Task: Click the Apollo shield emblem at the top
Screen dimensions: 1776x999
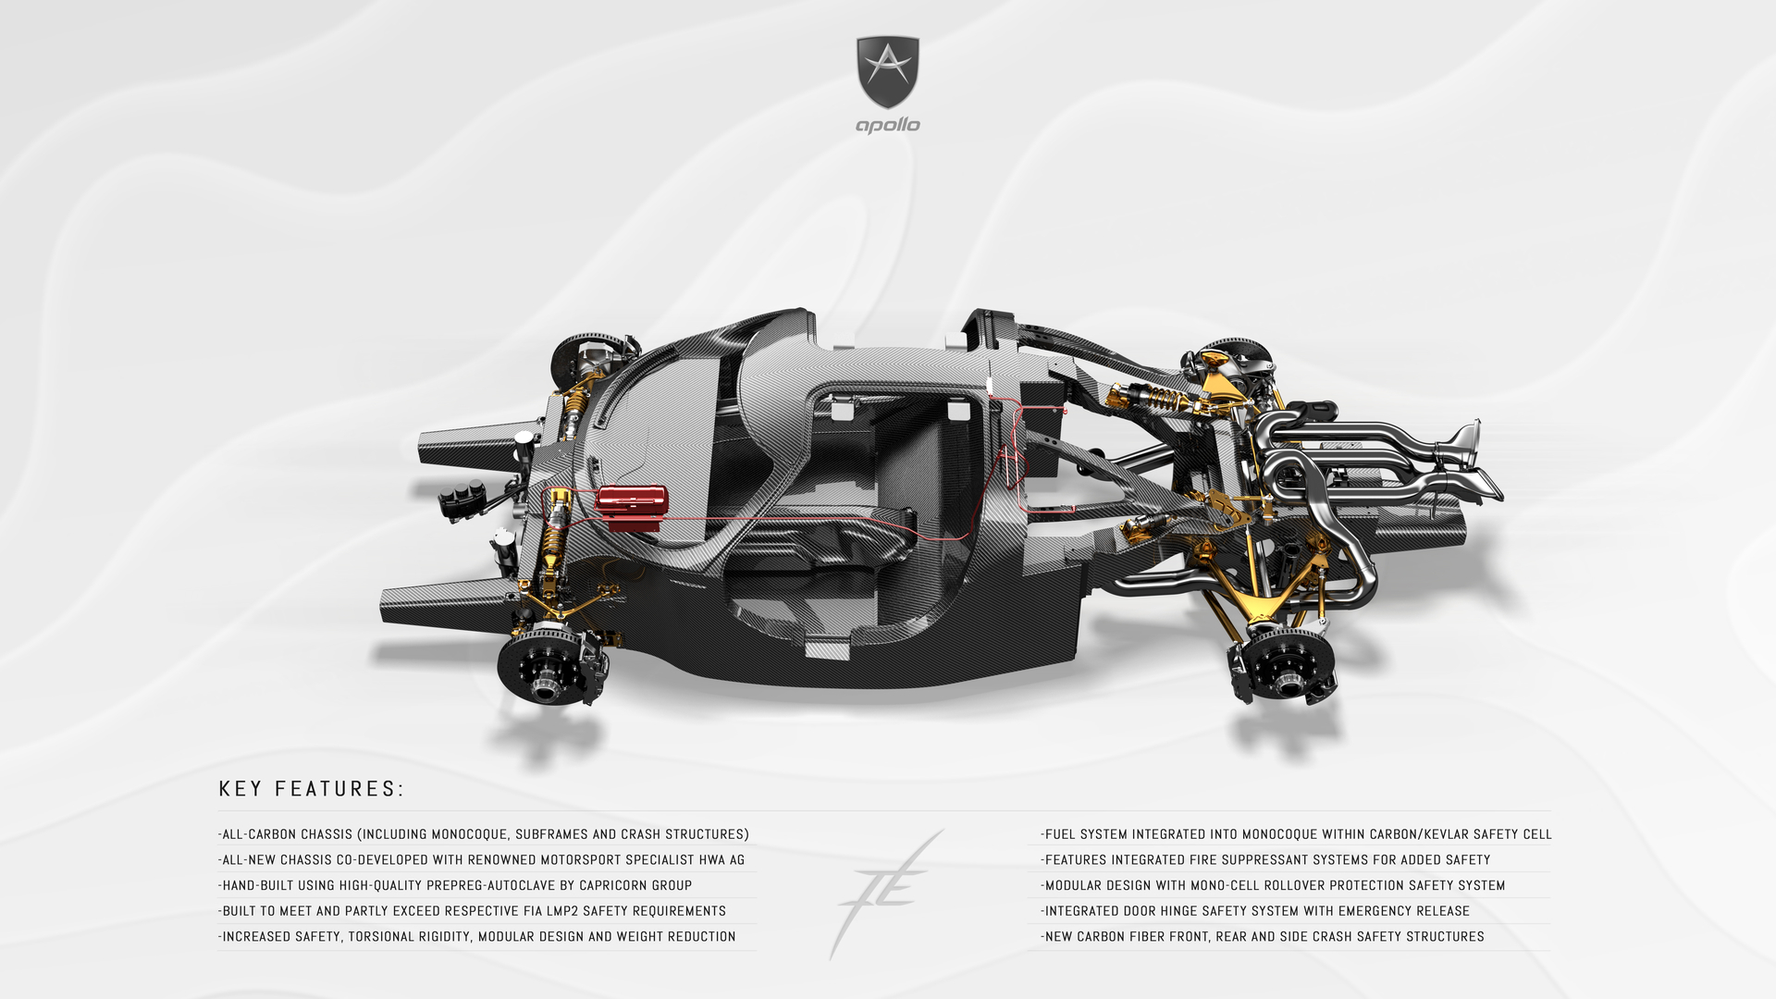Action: [x=888, y=72]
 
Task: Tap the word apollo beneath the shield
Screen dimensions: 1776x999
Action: [x=888, y=125]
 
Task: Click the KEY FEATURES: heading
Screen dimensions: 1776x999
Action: [x=312, y=789]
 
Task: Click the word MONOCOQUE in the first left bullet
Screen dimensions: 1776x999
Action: [x=470, y=834]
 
